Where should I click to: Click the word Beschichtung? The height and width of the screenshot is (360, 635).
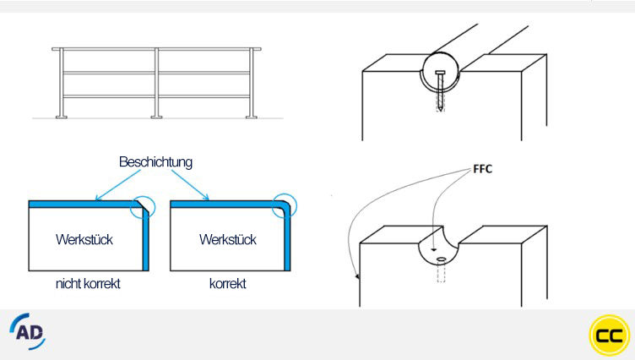155,161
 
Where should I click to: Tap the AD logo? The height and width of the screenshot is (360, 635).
28,331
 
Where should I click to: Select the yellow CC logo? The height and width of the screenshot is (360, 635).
609,335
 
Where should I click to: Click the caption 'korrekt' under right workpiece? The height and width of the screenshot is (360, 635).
227,284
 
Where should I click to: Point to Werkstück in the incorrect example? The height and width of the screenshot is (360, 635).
84,240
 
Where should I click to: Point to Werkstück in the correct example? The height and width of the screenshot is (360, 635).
228,240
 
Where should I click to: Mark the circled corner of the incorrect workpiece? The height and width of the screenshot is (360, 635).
144,207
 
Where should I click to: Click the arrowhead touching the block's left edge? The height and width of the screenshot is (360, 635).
358,276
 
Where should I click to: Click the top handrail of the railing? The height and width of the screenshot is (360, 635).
156,49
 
